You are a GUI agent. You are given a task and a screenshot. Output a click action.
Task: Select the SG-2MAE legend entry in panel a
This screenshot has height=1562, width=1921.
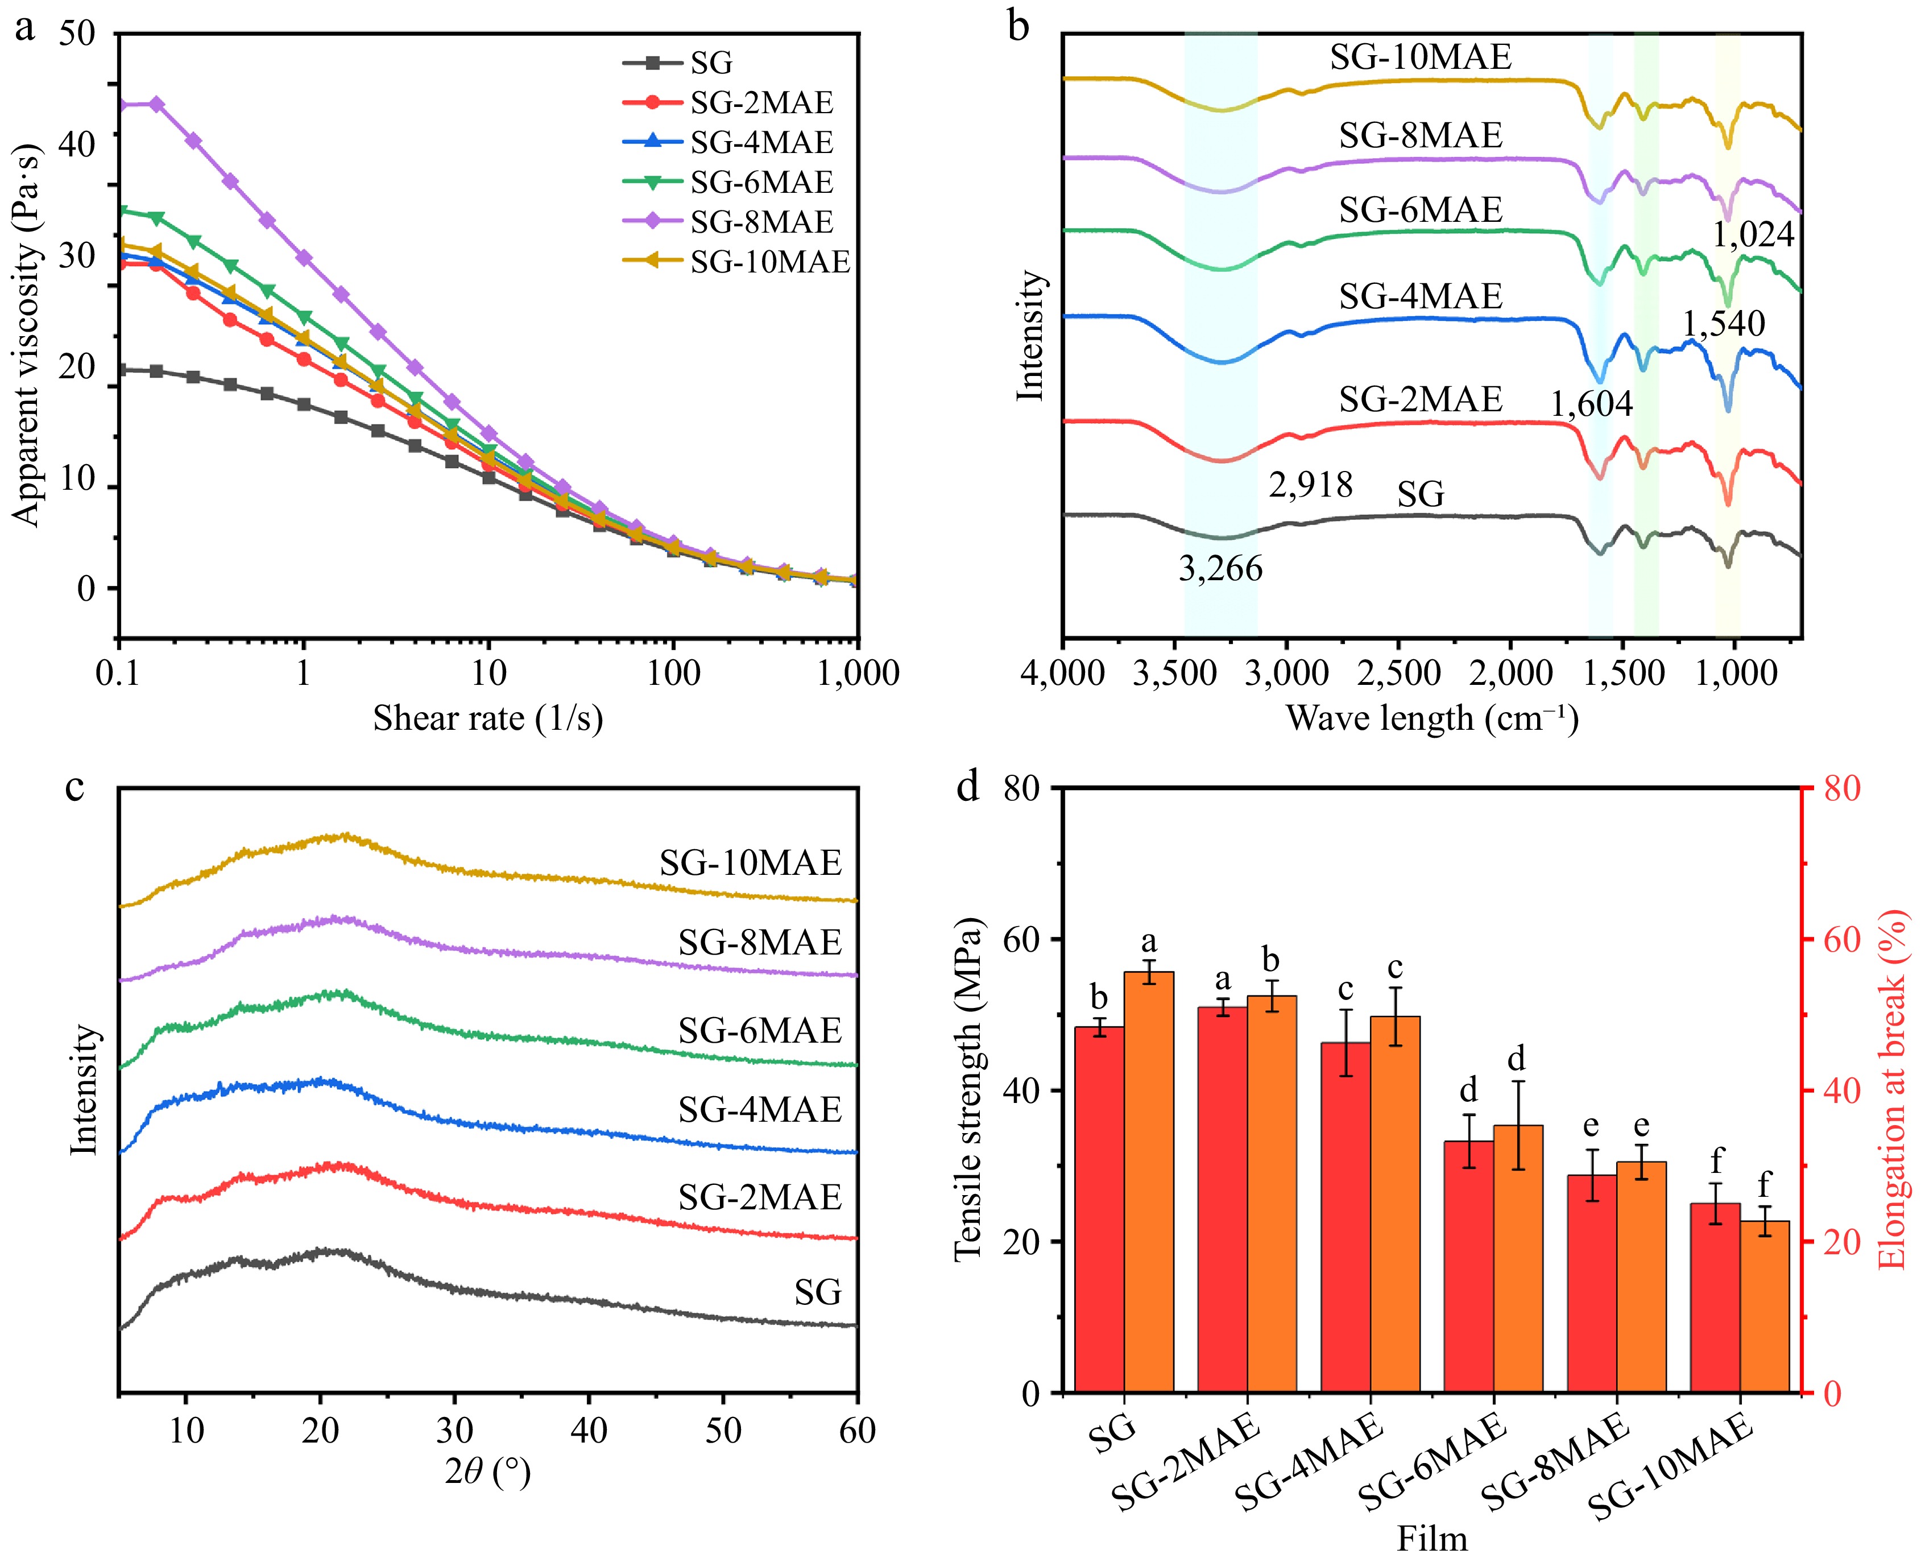(761, 102)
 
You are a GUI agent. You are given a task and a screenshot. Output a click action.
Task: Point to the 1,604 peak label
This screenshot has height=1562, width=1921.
(1591, 404)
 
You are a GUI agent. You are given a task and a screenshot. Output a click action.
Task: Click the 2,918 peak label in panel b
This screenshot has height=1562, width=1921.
(1310, 485)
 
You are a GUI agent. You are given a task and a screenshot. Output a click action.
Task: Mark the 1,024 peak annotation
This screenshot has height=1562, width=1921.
(1753, 235)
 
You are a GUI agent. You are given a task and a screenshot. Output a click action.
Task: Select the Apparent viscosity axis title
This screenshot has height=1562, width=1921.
(27, 333)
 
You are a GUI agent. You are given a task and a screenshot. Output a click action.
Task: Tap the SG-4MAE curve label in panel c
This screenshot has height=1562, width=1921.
(759, 1109)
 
